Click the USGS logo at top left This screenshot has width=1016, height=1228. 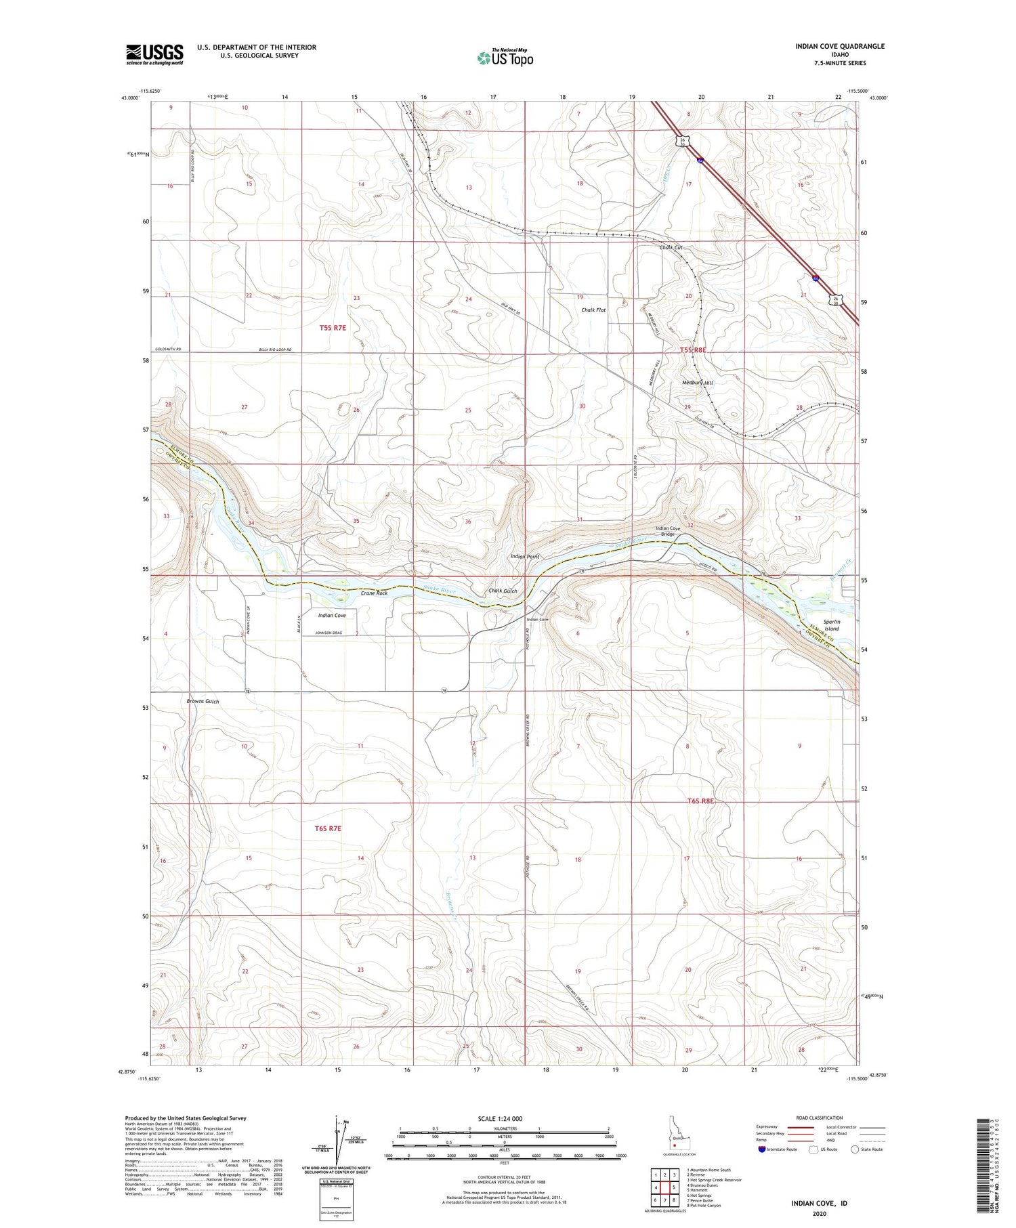[x=154, y=54]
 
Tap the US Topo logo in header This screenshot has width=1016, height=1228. [x=505, y=58]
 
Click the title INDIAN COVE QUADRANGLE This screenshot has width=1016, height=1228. [x=840, y=46]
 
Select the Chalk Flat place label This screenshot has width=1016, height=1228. [x=593, y=310]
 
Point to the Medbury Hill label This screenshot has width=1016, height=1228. [x=698, y=383]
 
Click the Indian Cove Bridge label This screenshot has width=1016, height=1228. [x=668, y=531]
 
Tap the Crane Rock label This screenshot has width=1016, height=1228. [x=374, y=593]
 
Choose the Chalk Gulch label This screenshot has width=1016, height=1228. [x=503, y=591]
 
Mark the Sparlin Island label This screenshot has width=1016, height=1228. [x=831, y=624]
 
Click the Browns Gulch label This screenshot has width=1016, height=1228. [x=203, y=701]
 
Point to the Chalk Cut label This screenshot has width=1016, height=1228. [x=671, y=248]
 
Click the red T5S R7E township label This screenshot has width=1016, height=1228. [x=333, y=328]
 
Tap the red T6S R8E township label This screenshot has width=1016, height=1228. [x=700, y=801]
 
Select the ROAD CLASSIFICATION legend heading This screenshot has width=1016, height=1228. [x=820, y=1118]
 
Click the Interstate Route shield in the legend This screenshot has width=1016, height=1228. [x=762, y=1149]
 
